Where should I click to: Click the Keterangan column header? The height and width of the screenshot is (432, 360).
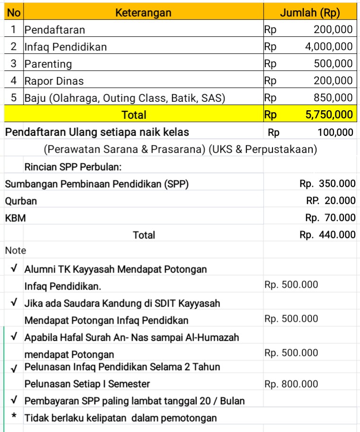(x=143, y=12)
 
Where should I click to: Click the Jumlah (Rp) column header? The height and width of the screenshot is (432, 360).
(x=310, y=12)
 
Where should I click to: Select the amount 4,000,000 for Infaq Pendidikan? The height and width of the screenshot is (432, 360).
(x=329, y=47)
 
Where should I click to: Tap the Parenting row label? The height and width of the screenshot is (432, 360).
(x=48, y=64)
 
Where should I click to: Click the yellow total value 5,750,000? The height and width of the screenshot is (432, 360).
(x=329, y=115)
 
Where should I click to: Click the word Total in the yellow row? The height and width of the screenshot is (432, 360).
(x=134, y=115)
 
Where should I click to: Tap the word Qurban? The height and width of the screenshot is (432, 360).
(x=21, y=201)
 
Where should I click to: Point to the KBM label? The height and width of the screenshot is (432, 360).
(x=16, y=218)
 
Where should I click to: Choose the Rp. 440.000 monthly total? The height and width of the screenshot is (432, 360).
(x=327, y=235)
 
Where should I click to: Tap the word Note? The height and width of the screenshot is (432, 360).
(x=16, y=250)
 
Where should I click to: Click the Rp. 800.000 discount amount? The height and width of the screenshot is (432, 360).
(x=291, y=384)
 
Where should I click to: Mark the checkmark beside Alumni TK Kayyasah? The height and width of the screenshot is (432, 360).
(x=14, y=268)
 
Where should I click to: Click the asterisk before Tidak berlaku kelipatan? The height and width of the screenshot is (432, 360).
(x=14, y=417)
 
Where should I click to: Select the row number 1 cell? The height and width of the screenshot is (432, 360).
(x=14, y=30)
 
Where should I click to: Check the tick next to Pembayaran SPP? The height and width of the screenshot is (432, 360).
(x=14, y=400)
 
